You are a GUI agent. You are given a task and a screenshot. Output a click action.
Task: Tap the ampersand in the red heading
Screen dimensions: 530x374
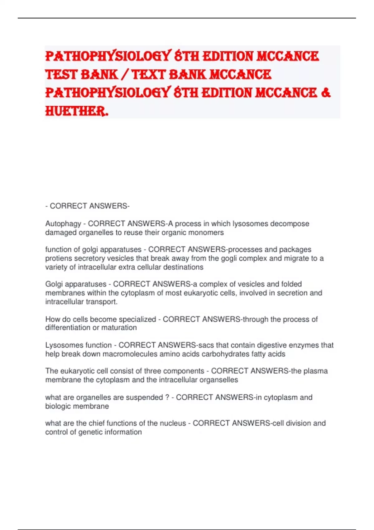pyautogui.click(x=325, y=93)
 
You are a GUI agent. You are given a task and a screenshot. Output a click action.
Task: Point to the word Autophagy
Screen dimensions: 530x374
pyautogui.click(x=63, y=224)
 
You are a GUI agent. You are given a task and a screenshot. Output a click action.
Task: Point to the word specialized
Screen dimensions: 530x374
pyautogui.click(x=137, y=319)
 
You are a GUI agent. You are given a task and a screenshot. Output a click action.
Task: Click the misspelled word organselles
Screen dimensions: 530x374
pyautogui.click(x=218, y=380)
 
